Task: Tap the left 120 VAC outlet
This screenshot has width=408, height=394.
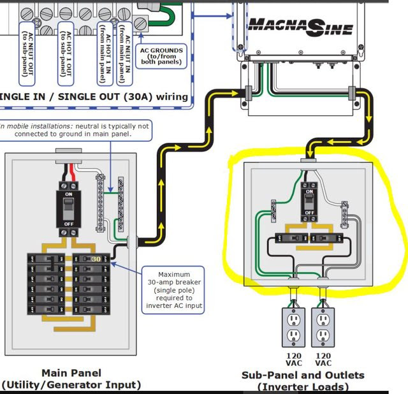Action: point(293,328)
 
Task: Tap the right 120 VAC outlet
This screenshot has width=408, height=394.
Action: point(323,328)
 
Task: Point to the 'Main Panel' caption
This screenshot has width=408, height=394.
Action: point(71,372)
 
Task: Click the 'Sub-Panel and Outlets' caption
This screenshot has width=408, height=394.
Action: point(303,375)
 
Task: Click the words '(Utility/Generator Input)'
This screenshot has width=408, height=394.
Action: point(71,384)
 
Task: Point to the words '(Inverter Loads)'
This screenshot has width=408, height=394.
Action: point(303,386)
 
